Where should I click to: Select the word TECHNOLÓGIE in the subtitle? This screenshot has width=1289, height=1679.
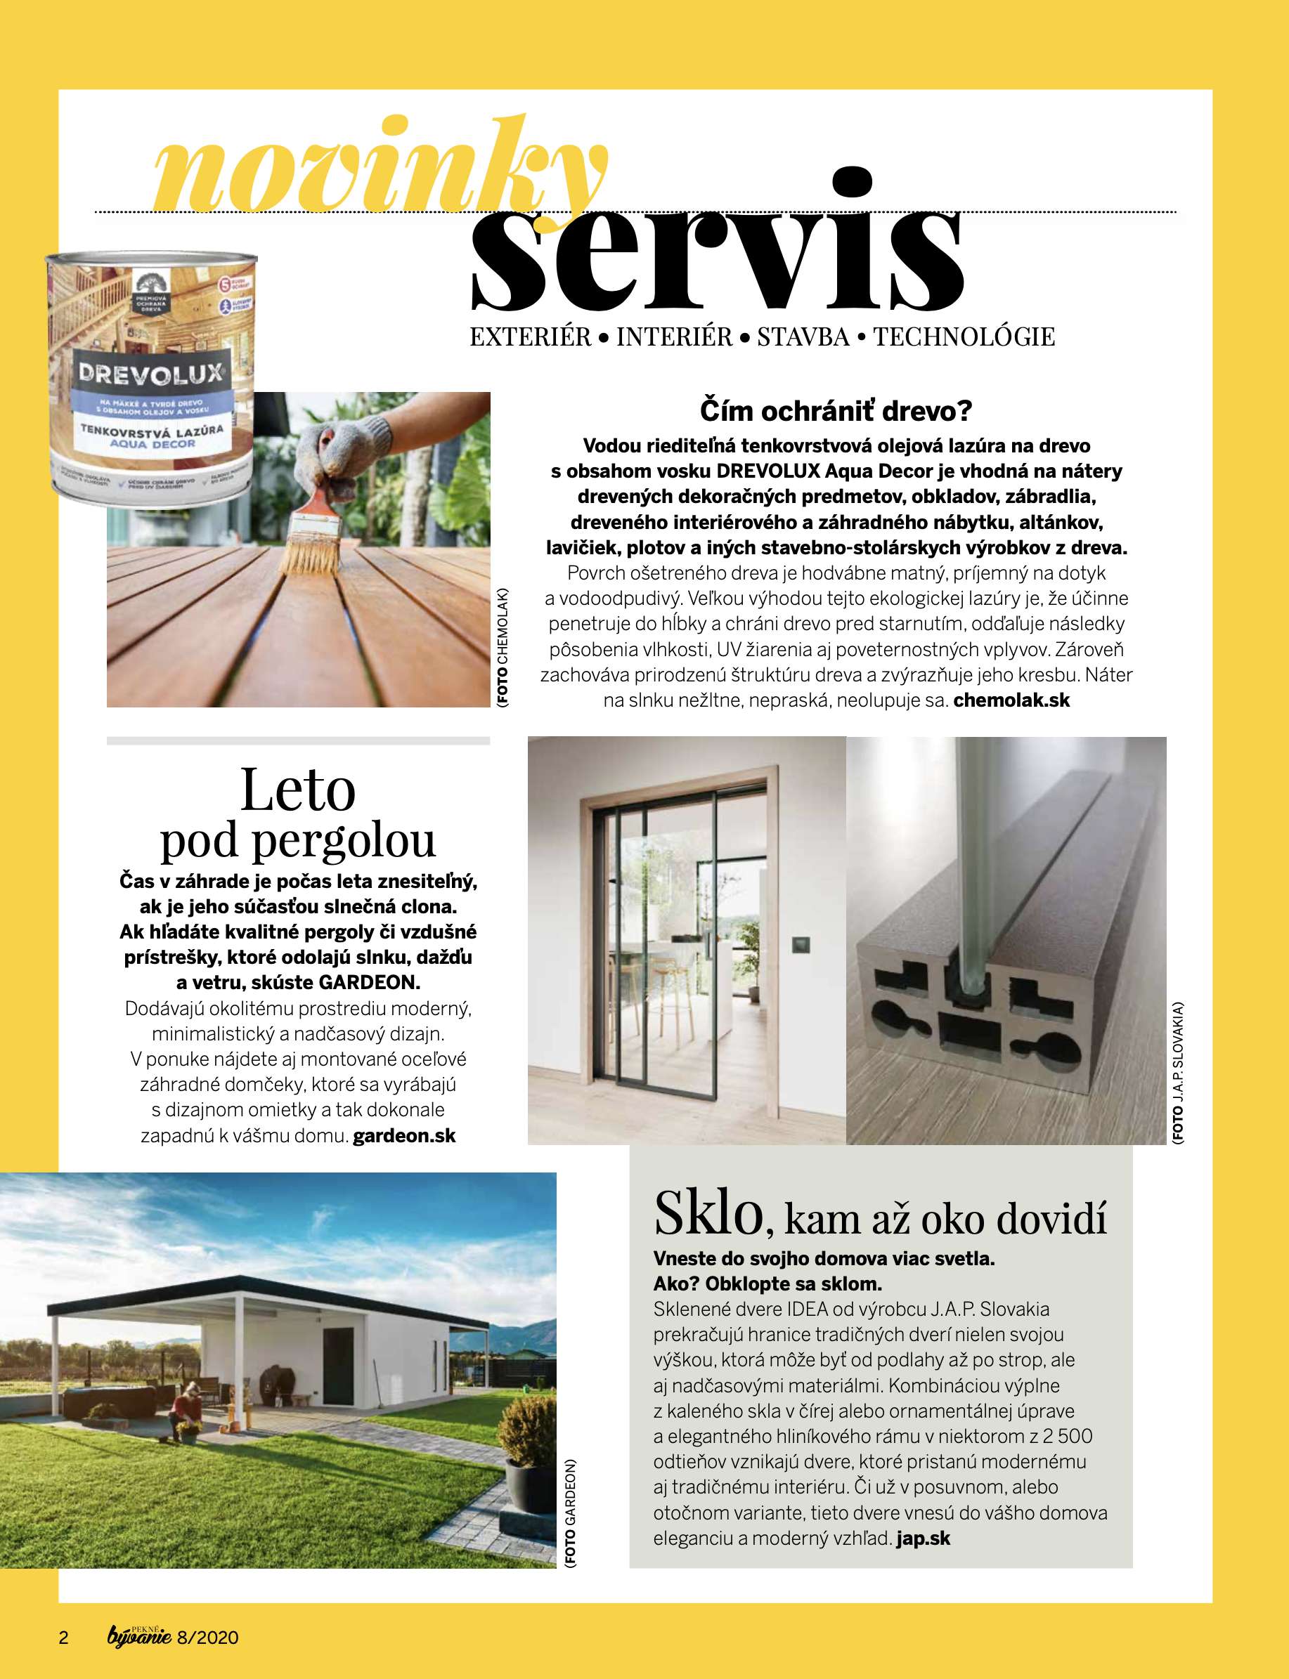tap(964, 337)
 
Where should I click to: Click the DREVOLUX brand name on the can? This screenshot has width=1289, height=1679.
tap(150, 374)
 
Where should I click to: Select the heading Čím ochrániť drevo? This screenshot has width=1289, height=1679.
tap(836, 410)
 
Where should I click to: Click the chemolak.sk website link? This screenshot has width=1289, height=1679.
tap(1011, 700)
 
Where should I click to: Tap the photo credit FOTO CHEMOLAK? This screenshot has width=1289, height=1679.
tap(503, 646)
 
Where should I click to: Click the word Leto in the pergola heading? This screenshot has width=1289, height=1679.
tap(298, 790)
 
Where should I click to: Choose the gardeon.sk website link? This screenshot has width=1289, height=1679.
tap(403, 1135)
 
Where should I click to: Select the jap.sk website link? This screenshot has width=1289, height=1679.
tap(923, 1538)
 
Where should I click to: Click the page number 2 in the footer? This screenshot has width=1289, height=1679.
tap(64, 1638)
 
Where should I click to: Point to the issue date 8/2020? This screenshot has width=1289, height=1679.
tap(207, 1638)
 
